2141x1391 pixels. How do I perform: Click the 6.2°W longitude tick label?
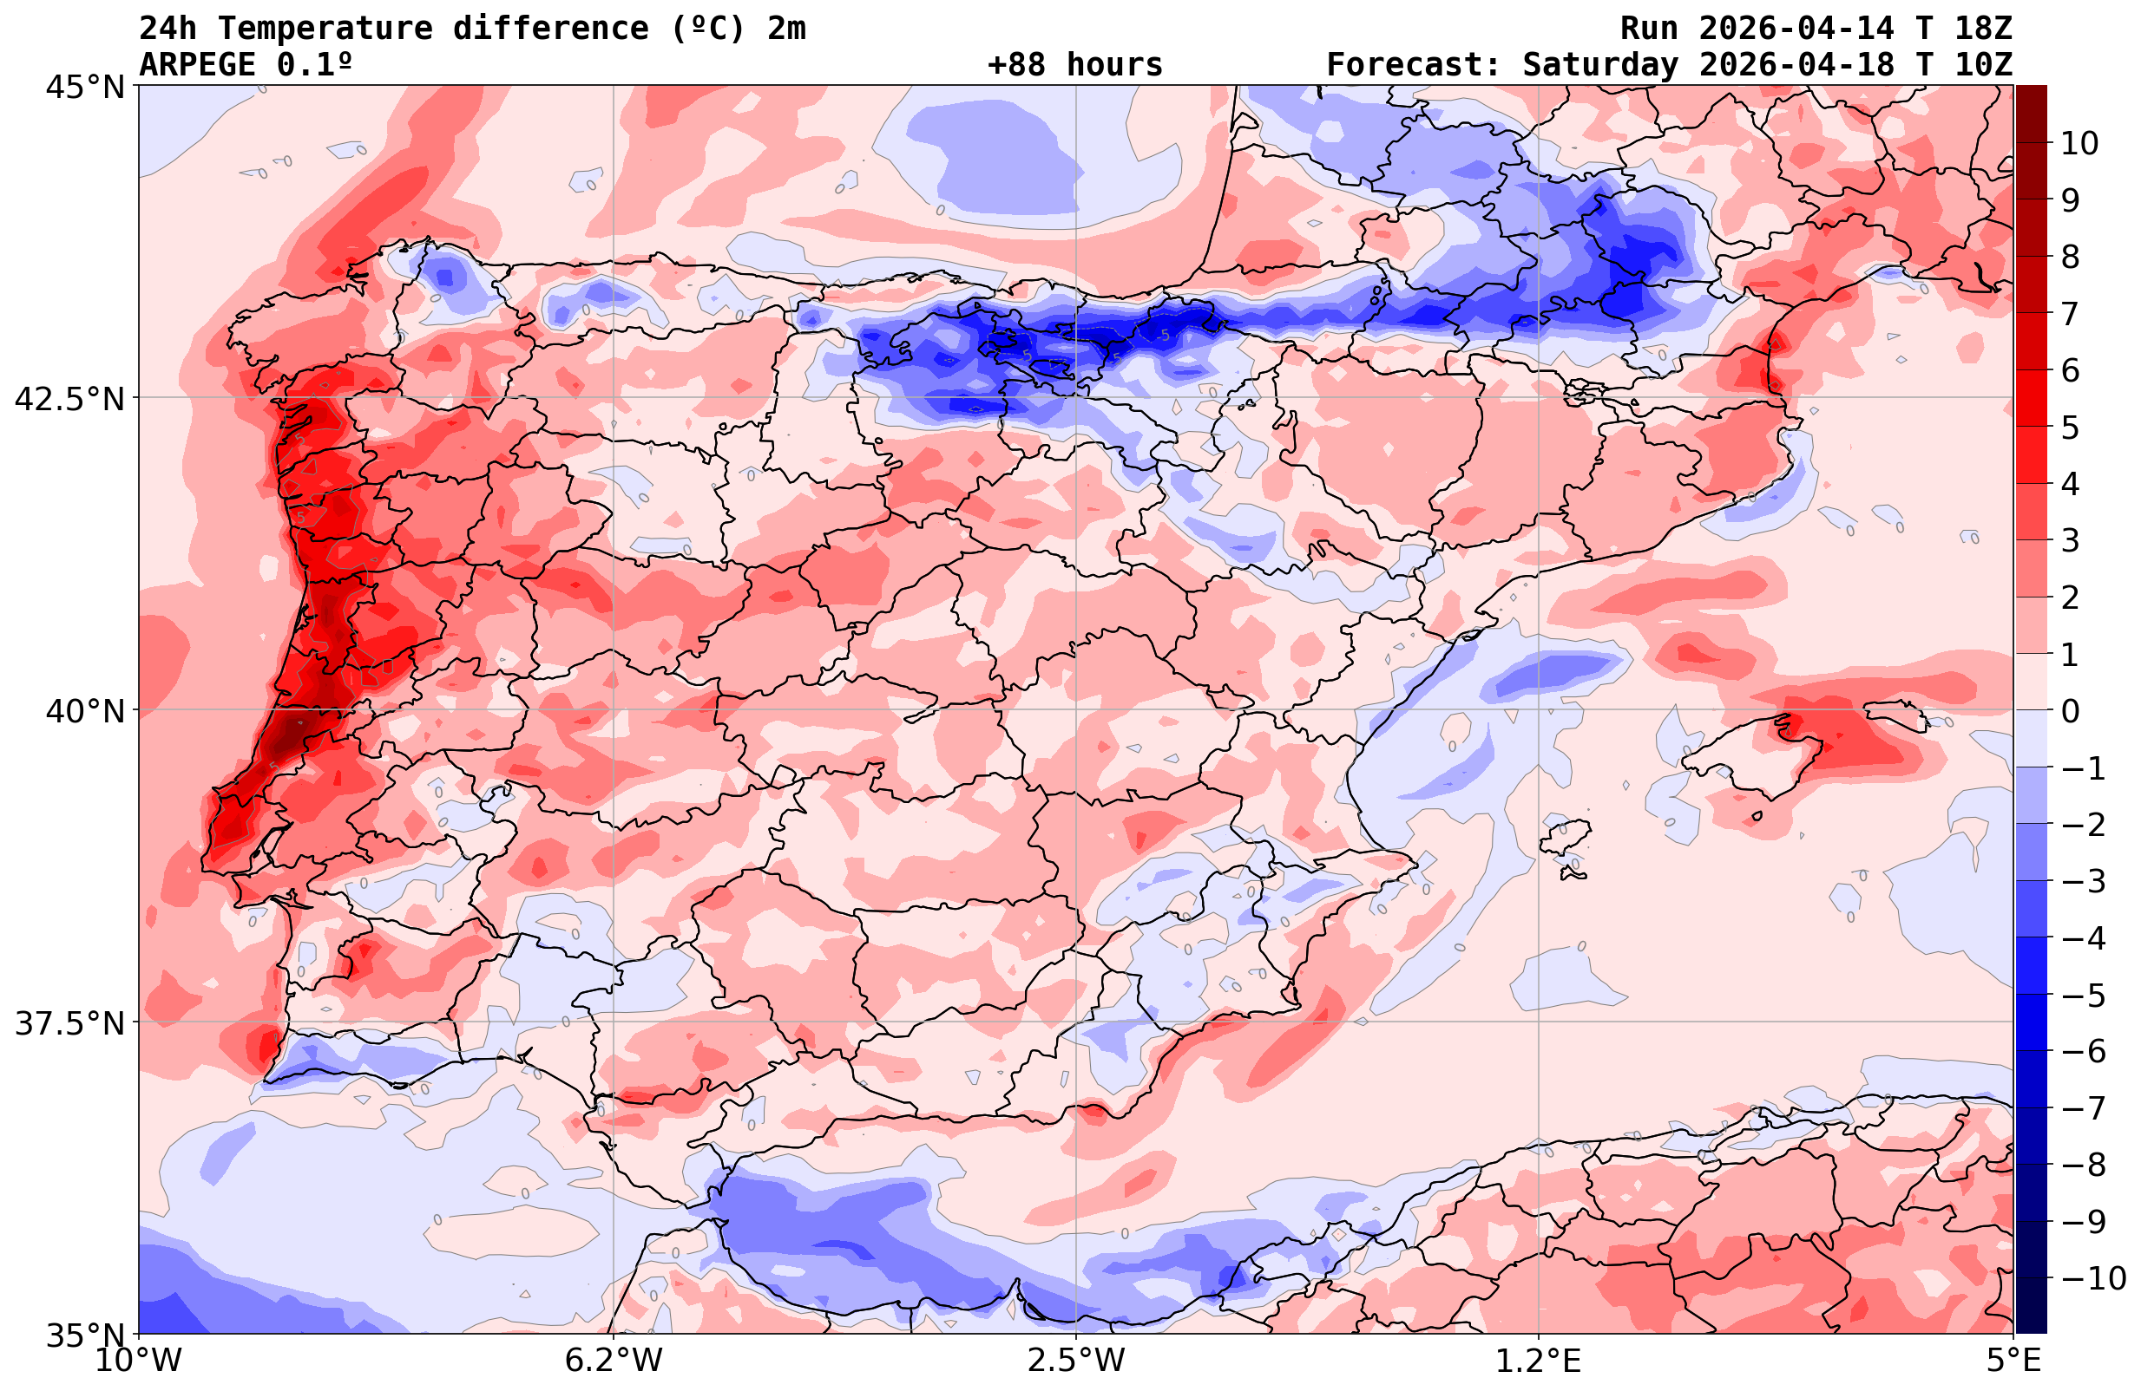(x=614, y=1361)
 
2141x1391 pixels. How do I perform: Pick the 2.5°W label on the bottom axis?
(x=1076, y=1361)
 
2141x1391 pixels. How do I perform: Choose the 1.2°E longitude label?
(x=1539, y=1361)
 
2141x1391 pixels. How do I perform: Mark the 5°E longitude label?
(x=2013, y=1361)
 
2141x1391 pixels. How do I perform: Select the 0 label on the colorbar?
(x=2070, y=711)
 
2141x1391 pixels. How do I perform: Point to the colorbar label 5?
(x=2070, y=428)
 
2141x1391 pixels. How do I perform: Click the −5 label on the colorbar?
(x=2082, y=996)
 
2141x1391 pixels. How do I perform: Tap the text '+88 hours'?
(x=1075, y=65)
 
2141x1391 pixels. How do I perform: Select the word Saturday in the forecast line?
(x=1600, y=65)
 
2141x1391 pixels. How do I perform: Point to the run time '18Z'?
(x=1983, y=29)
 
